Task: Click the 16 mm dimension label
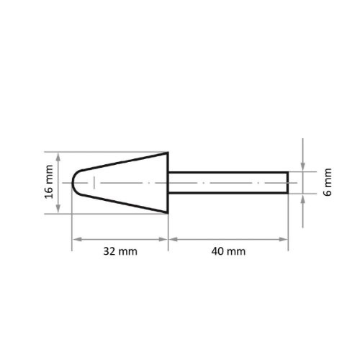[x=49, y=183]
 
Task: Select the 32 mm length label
[x=120, y=251]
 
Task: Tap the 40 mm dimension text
[x=228, y=251]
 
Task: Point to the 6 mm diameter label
[x=328, y=183]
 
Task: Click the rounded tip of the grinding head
[x=76, y=183]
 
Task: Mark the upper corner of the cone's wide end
[x=168, y=153]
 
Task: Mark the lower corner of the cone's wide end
[x=168, y=213]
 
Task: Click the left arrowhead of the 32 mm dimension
[x=75, y=239]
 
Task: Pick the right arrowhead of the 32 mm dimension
[x=165, y=239]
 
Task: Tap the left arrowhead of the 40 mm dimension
[x=172, y=239]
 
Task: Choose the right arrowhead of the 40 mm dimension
[x=285, y=239]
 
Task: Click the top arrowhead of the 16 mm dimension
[x=60, y=156]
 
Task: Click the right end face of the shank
[x=288, y=183]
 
